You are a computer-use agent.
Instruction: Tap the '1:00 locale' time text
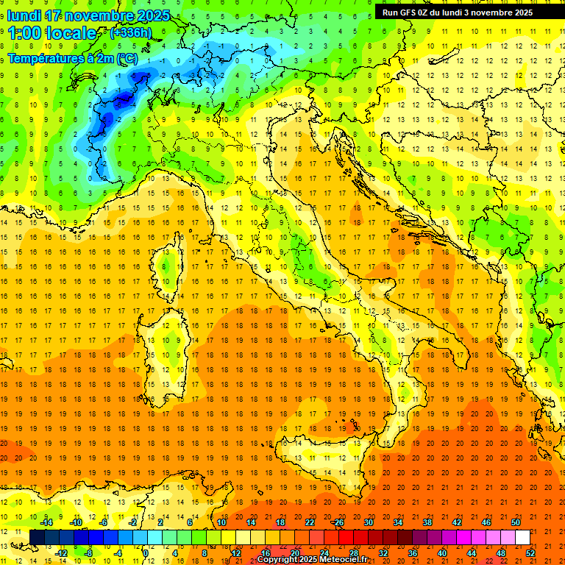[x=51, y=34]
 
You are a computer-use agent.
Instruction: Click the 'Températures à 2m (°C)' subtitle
[x=72, y=57]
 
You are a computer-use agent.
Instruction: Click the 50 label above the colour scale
[x=516, y=522]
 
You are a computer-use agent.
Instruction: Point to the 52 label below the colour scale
[x=530, y=552]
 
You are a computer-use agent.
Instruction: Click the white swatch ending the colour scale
[x=523, y=537]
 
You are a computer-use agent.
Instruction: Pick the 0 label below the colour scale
[x=146, y=552]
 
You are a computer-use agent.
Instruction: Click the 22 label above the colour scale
[x=310, y=522]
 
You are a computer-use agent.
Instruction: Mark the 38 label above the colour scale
[x=427, y=522]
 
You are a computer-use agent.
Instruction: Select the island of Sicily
[x=316, y=463]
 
